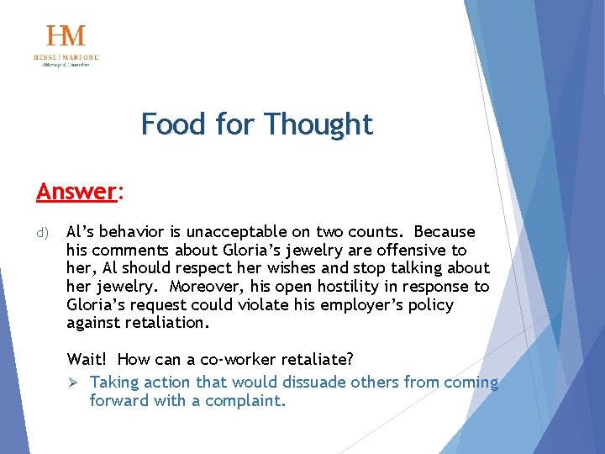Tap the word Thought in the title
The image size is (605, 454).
pyautogui.click(x=318, y=124)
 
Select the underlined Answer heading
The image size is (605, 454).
pyautogui.click(x=76, y=192)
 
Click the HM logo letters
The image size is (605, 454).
pyautogui.click(x=66, y=36)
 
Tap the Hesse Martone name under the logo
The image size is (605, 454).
pyautogui.click(x=66, y=57)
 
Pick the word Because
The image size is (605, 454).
pyautogui.click(x=445, y=232)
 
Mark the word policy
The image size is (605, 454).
pyautogui.click(x=431, y=304)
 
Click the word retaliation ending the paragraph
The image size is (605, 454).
pyautogui.click(x=167, y=323)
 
